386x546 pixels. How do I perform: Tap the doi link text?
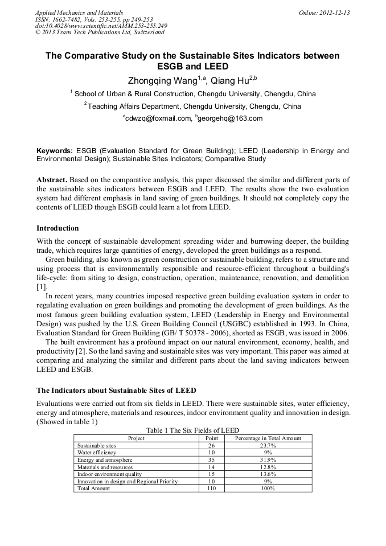(101, 26)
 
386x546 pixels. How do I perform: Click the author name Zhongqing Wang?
(161, 81)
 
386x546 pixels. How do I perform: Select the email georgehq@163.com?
(230, 118)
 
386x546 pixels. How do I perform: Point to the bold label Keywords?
(55, 151)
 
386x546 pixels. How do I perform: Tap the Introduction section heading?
(58, 228)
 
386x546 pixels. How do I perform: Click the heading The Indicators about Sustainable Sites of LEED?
(116, 391)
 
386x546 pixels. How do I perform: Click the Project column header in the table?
(137, 438)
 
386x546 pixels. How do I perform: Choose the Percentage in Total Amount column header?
(268, 438)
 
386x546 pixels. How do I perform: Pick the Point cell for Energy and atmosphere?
(211, 459)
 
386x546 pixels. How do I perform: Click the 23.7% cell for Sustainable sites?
(268, 445)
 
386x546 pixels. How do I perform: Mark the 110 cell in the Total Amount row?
(211, 488)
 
